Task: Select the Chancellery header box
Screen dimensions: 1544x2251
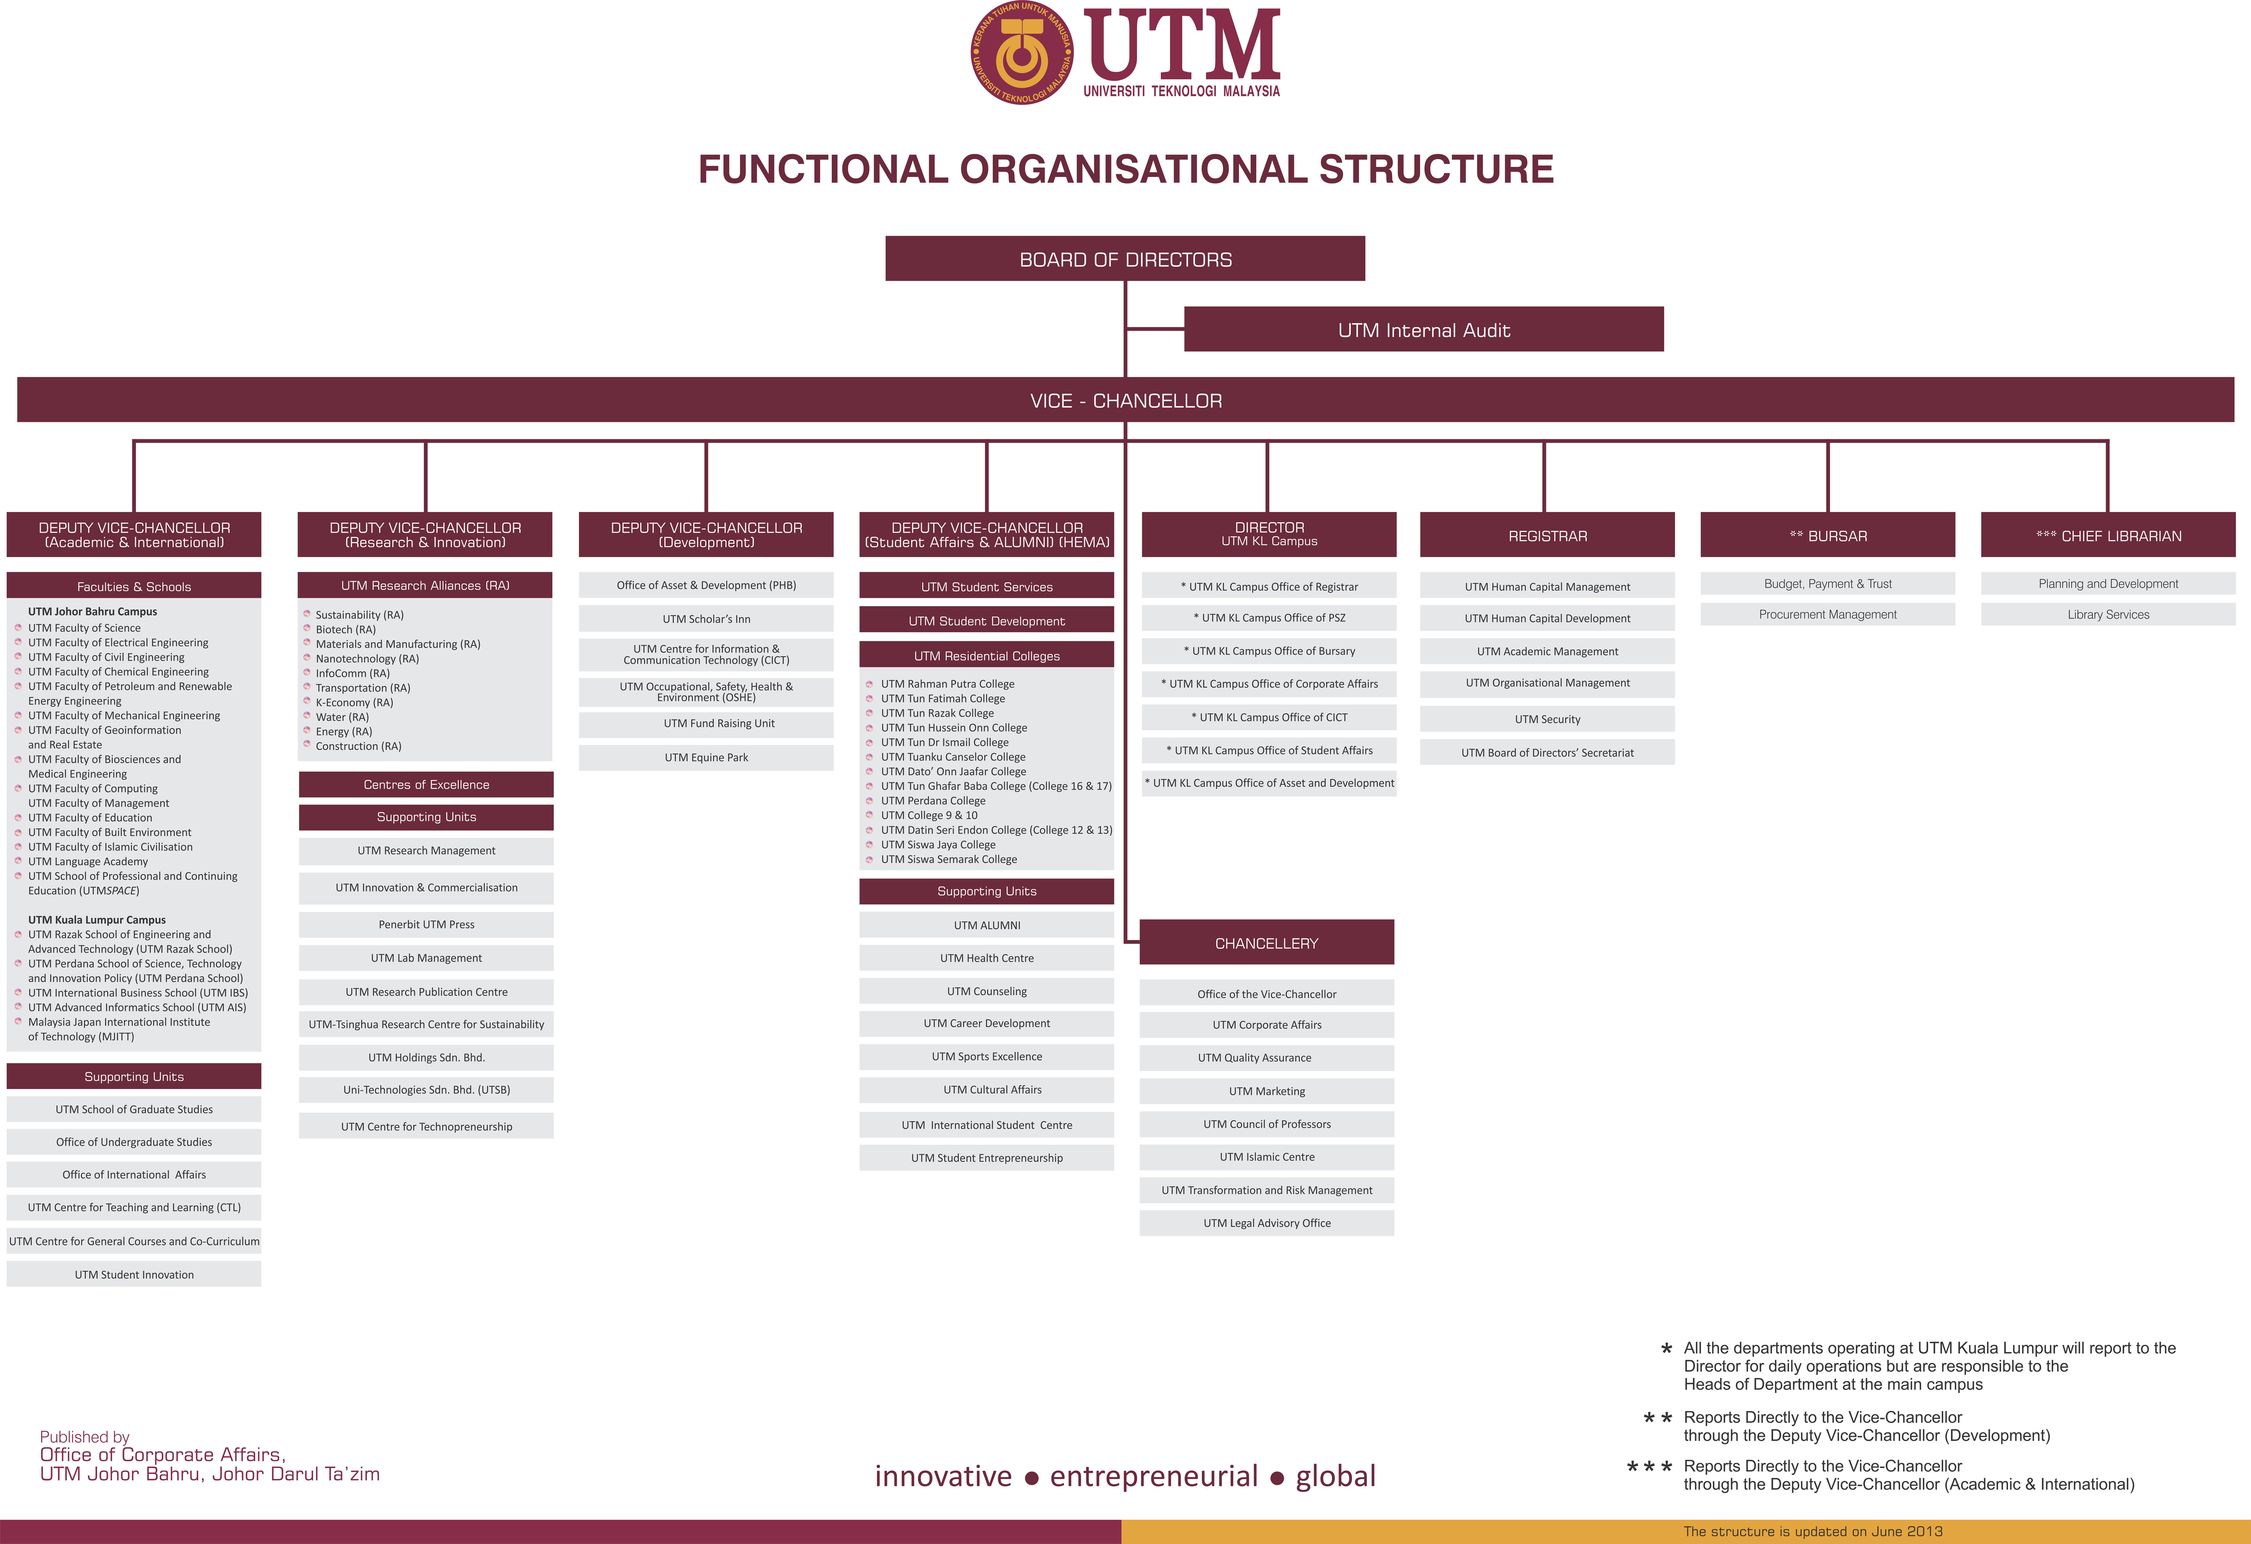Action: (1266, 943)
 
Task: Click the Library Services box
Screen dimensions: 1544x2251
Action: (2108, 614)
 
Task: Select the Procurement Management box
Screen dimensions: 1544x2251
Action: (1827, 614)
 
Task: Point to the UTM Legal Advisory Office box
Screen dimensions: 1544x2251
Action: (1266, 1223)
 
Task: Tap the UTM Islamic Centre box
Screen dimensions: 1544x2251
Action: (1266, 1156)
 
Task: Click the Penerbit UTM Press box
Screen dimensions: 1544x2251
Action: (426, 924)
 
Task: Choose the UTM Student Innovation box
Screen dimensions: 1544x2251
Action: (134, 1274)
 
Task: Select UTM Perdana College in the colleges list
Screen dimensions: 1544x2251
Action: (933, 800)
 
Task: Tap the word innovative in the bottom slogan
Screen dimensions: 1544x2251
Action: (942, 1475)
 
